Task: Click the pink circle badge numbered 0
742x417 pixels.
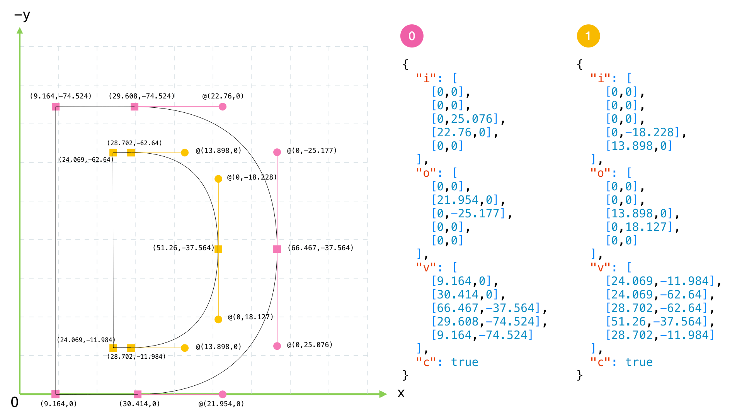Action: tap(412, 36)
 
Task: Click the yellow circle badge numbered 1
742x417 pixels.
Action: tap(588, 36)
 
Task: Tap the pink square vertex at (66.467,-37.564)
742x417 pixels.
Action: tap(277, 249)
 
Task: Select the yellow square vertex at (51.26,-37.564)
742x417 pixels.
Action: tap(218, 249)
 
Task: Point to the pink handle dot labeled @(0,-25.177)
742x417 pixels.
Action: tap(277, 152)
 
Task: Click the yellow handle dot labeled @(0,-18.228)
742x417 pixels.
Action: tap(218, 179)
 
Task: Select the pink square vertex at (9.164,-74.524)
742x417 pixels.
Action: tap(56, 107)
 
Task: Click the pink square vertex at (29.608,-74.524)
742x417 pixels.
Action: tap(134, 107)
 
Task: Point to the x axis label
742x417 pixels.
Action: tap(401, 393)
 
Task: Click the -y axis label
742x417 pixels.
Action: tap(22, 15)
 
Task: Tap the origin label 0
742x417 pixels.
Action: tap(14, 402)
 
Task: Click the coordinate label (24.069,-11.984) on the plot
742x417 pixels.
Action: tap(86, 340)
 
